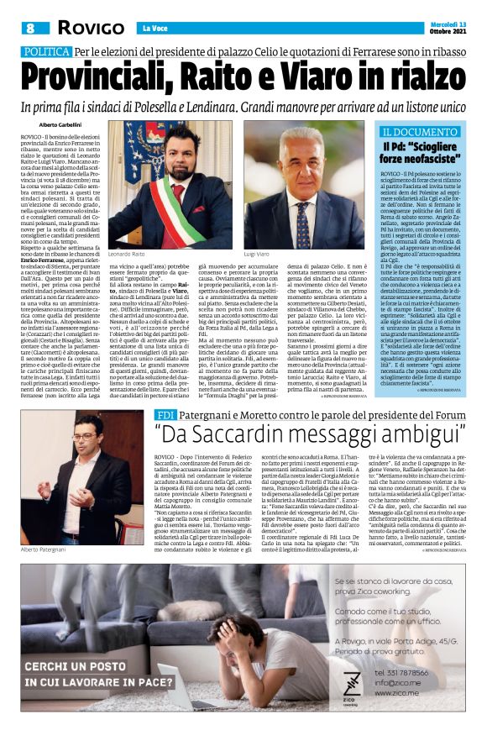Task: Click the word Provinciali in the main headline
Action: (x=109, y=77)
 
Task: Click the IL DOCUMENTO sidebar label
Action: (x=422, y=132)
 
